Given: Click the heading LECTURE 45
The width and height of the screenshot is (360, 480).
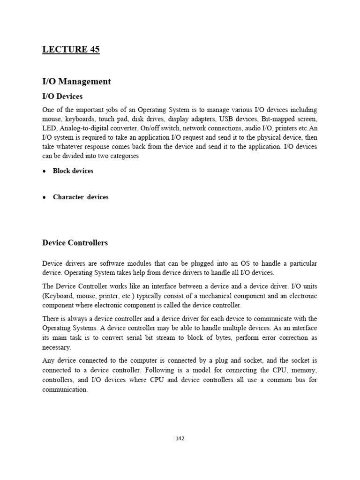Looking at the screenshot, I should click(71, 50).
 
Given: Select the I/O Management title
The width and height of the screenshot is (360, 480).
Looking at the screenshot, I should click(76, 82).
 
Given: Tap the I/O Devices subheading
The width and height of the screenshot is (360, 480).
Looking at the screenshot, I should click(62, 97).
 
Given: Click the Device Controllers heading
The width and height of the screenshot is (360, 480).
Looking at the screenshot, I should click(75, 243).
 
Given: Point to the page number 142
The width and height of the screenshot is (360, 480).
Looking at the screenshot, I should click(180, 439).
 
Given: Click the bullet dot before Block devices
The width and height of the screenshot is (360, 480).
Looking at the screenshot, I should click(44, 171).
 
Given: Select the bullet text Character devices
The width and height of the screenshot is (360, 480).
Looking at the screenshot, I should click(81, 197).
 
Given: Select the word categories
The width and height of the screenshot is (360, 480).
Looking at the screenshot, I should click(123, 156).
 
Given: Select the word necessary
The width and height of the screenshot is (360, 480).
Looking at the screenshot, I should click(56, 347).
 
